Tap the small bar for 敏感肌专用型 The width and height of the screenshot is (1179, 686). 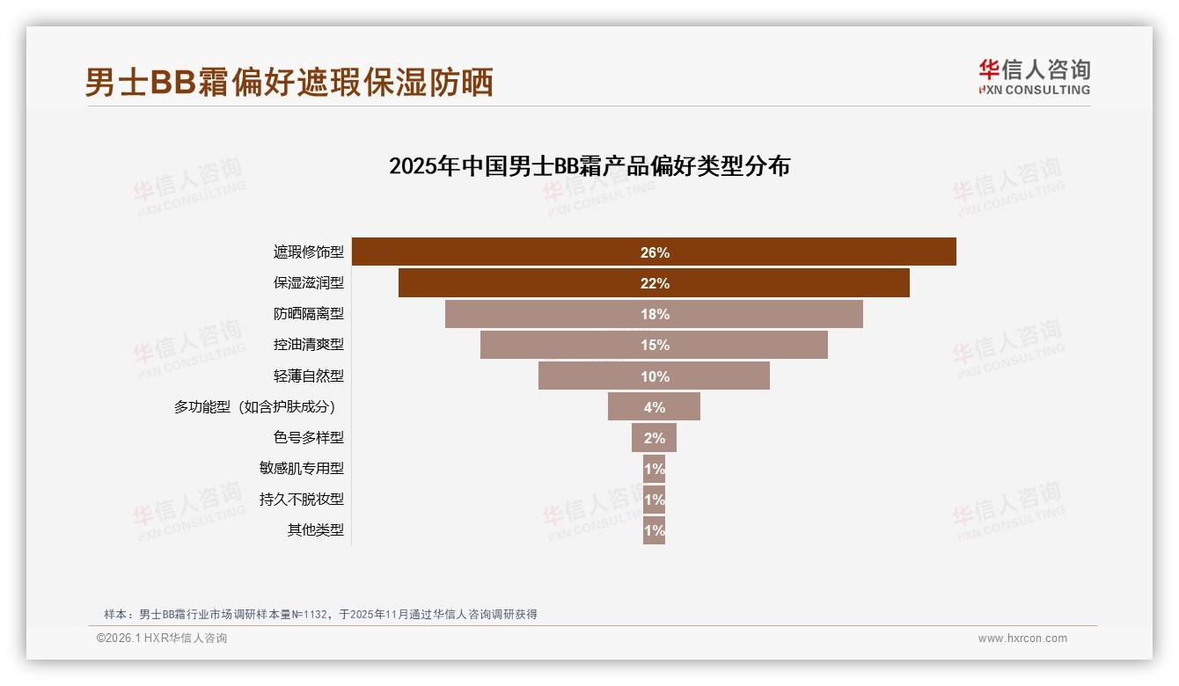654,469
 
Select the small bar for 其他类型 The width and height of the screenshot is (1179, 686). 654,530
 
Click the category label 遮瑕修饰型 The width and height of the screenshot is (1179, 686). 308,252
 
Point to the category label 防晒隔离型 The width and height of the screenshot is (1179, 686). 308,314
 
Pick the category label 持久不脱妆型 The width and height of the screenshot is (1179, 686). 301,499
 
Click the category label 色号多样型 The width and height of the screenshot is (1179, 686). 308,437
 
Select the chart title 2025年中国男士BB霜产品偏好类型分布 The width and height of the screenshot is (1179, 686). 589,166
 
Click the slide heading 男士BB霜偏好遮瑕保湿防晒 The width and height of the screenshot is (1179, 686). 289,82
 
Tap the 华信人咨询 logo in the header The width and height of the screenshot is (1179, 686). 1034,77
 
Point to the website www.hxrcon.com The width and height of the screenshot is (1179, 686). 1022,639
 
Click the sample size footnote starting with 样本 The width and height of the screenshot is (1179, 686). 320,615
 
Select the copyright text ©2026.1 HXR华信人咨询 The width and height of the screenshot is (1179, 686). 162,639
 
